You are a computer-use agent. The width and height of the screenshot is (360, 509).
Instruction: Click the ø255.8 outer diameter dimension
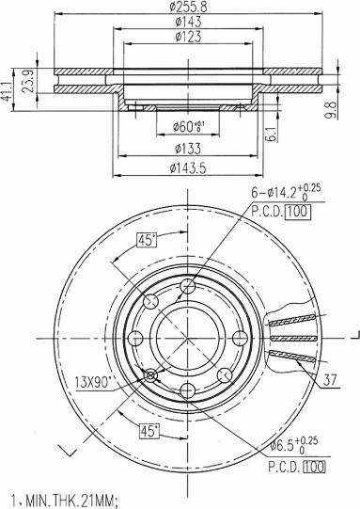tap(188, 6)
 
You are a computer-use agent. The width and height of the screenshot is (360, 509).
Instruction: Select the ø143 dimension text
tap(188, 22)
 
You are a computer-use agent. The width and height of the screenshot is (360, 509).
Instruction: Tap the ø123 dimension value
tap(188, 37)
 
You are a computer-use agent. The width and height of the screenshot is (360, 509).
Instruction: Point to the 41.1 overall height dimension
tap(7, 91)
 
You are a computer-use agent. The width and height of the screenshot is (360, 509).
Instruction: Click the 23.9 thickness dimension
tap(29, 81)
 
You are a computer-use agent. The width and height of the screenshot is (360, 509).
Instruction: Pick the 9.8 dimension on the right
tap(331, 110)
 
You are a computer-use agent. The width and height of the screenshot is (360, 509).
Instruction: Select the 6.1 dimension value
tap(272, 134)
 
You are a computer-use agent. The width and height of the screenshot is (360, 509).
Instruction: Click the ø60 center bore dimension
tap(188, 127)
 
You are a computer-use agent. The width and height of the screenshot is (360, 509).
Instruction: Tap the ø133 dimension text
tap(188, 149)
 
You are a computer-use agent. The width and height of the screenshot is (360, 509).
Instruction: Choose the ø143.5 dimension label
tap(188, 168)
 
